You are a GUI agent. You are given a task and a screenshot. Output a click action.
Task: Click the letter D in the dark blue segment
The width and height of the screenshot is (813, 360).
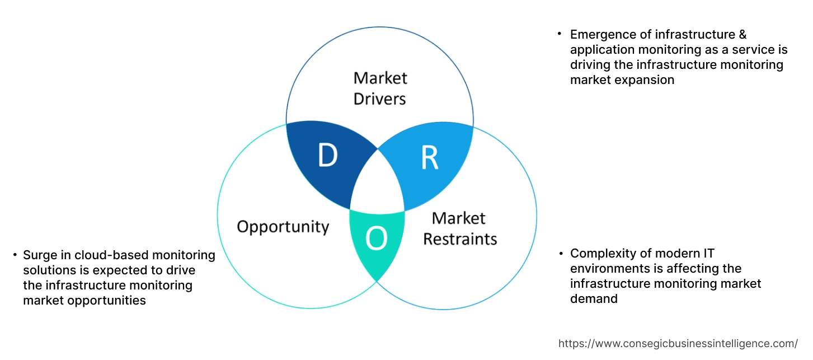click(x=327, y=156)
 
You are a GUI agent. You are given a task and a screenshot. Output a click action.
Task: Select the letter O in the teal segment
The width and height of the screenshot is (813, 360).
click(x=376, y=240)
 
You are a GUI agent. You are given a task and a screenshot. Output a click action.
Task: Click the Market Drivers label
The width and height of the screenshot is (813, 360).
click(x=380, y=88)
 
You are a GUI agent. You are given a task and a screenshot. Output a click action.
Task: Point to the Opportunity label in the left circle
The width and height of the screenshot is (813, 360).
click(x=283, y=227)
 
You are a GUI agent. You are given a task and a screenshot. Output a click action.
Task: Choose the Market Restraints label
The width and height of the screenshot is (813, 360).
click(x=459, y=228)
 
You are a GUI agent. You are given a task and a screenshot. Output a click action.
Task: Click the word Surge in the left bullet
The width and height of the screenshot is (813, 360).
click(x=39, y=255)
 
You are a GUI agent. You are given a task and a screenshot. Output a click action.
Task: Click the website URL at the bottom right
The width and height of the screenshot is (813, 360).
click(x=678, y=343)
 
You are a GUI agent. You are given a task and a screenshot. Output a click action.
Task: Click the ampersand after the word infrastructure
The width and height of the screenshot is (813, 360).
click(x=742, y=35)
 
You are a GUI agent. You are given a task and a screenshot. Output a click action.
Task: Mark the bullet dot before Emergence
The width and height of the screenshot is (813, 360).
click(x=559, y=35)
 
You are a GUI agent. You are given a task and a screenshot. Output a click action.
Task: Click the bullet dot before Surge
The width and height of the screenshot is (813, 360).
click(x=15, y=255)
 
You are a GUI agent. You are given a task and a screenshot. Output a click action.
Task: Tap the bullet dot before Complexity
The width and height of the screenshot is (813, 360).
click(x=561, y=254)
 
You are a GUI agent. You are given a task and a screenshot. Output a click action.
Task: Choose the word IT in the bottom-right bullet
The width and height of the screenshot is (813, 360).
click(x=707, y=254)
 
